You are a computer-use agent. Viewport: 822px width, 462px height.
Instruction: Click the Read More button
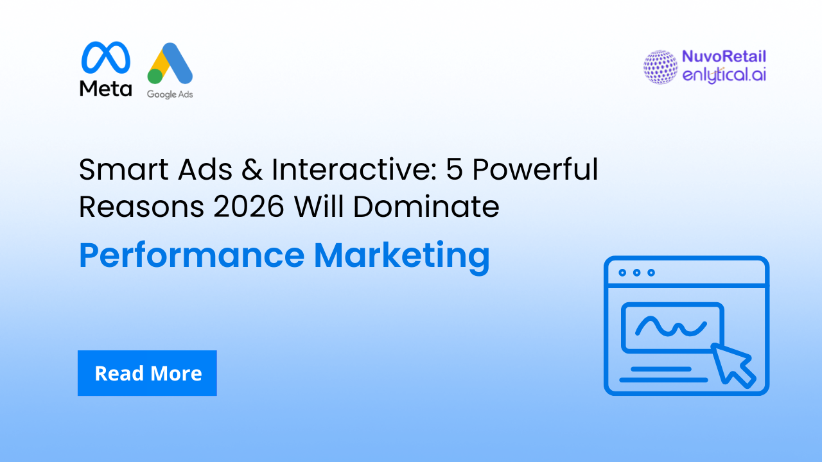[147, 373]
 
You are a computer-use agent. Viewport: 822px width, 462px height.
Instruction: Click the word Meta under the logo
[106, 89]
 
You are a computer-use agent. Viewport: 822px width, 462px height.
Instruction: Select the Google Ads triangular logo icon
[170, 64]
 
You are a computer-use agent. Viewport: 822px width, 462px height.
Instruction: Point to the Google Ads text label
[170, 94]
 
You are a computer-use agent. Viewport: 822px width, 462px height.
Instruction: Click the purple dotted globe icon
[660, 67]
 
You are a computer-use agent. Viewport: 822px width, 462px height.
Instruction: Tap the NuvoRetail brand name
[724, 57]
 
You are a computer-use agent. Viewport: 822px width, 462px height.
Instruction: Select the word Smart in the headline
[116, 170]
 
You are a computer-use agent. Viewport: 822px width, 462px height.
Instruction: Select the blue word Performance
[191, 256]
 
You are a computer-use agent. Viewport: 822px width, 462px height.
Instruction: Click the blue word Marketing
[402, 256]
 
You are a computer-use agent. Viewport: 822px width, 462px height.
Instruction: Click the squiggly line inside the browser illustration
[669, 326]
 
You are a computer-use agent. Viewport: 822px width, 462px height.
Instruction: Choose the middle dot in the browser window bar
[636, 273]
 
